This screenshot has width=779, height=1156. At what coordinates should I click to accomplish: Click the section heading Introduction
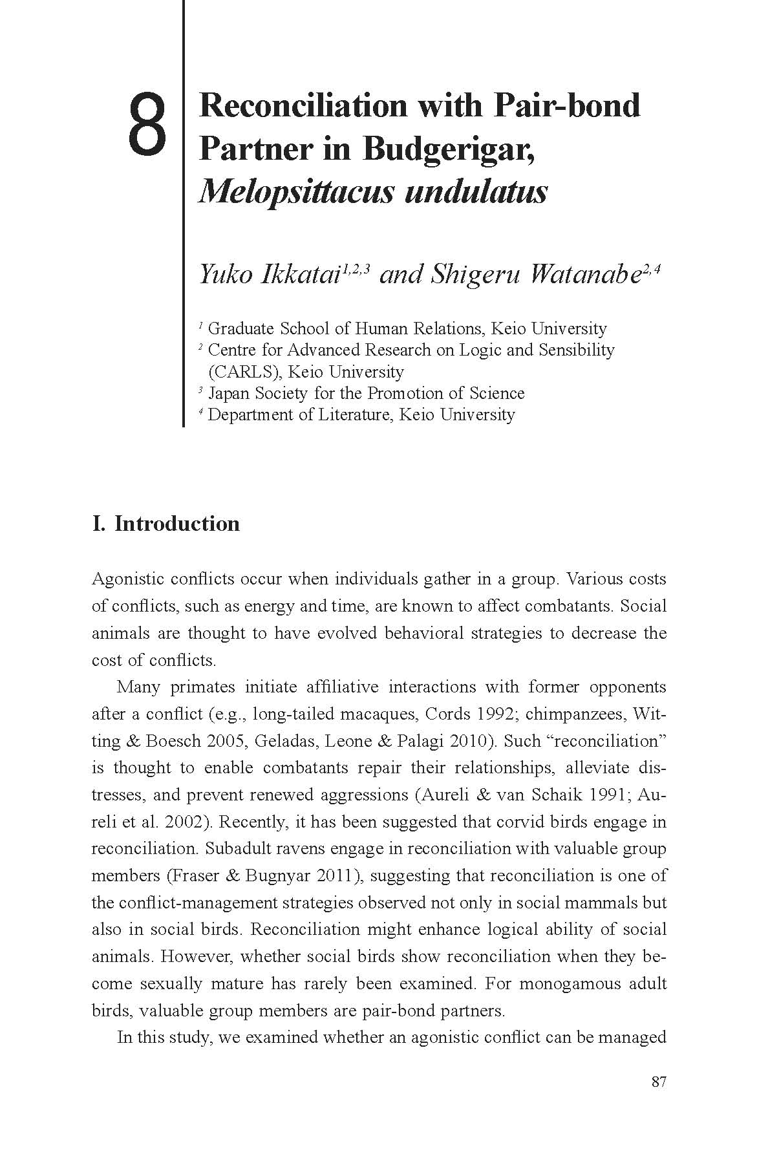(x=177, y=523)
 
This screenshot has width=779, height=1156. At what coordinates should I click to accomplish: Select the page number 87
(x=658, y=1082)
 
